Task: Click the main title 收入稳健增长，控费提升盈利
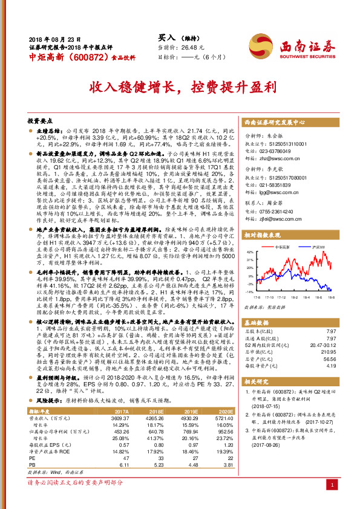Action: point(180,86)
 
